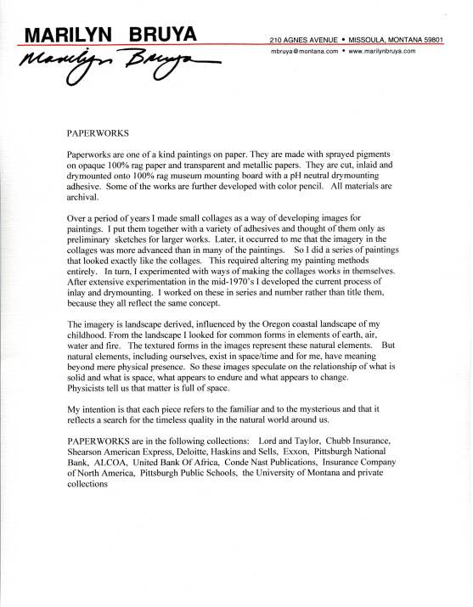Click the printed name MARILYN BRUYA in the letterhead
coord(110,33)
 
